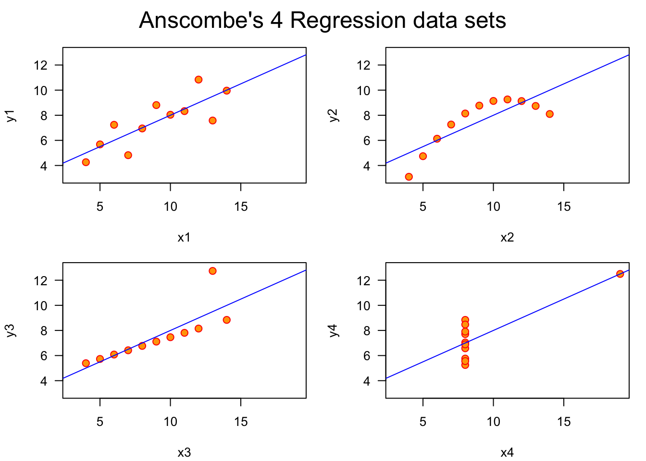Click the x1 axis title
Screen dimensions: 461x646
pos(184,237)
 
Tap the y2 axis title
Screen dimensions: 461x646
pos(335,115)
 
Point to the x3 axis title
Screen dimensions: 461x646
pos(184,452)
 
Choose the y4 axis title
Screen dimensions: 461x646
pos(335,330)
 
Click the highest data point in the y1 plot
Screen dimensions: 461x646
pos(199,80)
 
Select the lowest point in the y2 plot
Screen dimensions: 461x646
pos(409,177)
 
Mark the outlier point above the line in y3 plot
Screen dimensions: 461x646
pos(212,271)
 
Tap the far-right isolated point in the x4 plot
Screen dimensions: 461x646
pos(620,274)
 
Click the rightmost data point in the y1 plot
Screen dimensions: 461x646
pos(227,91)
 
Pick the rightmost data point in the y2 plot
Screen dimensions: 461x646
pos(550,114)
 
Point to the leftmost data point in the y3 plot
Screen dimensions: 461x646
pos(86,363)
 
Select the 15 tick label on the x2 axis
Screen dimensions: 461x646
pos(564,207)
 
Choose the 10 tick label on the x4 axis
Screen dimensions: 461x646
pos(493,422)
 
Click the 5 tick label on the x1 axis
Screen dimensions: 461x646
pos(100,207)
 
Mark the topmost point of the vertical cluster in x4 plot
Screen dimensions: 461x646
pos(465,320)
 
